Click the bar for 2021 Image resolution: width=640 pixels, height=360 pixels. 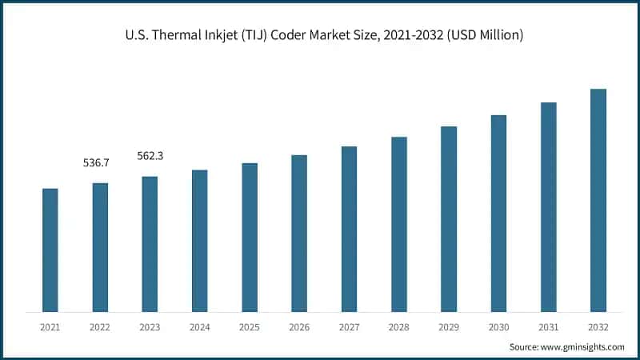point(50,250)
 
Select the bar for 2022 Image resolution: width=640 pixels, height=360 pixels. point(100,247)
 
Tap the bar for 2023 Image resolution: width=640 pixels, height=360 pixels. point(150,244)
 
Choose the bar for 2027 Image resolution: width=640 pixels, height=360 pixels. point(349,229)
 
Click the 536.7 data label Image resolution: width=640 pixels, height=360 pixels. point(96,163)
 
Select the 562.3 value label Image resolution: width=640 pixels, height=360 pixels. point(150,156)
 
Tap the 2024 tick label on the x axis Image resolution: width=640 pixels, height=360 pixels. point(199,326)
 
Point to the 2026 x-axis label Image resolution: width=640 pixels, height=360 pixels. point(299,326)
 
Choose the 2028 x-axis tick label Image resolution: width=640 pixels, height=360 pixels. point(398,326)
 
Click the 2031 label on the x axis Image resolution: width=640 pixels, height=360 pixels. point(548,326)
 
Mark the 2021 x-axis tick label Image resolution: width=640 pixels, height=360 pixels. point(50,326)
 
